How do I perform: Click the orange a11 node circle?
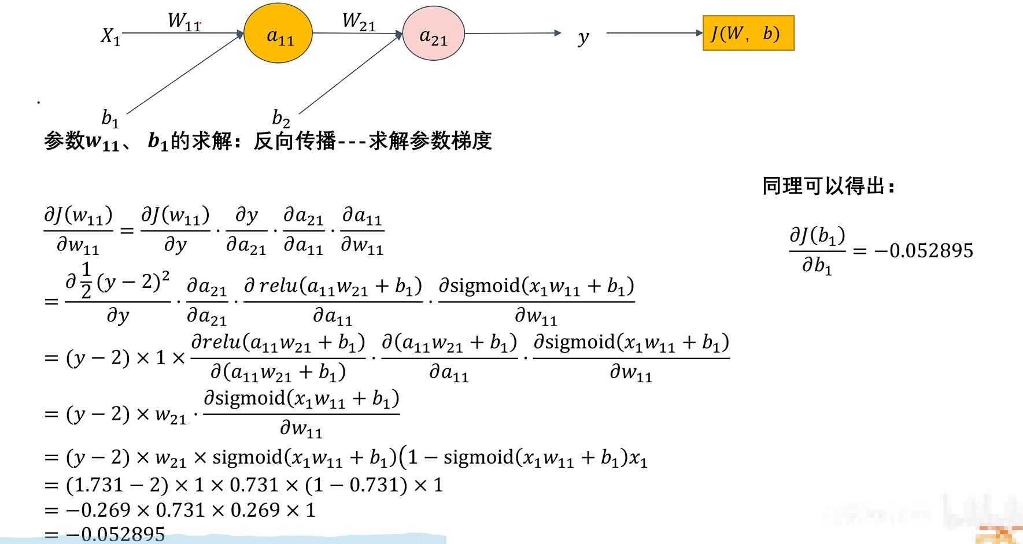point(278,34)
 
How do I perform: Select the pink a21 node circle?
point(433,34)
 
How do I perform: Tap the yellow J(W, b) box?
point(748,34)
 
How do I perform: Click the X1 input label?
point(110,36)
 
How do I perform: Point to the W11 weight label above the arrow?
point(184,21)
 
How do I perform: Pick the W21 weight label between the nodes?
point(359,21)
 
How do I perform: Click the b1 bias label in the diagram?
point(110,118)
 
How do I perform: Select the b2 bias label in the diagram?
point(281,119)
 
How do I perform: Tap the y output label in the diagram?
point(583,38)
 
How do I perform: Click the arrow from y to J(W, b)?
point(653,33)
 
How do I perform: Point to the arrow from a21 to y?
point(512,33)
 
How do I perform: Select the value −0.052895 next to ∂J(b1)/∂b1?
point(924,250)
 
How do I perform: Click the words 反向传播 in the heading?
point(294,140)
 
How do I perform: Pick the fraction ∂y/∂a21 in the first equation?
point(246,231)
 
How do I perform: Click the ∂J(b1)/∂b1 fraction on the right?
point(817,251)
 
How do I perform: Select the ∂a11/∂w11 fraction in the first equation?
point(363,231)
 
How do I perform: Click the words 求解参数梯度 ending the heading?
point(430,140)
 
